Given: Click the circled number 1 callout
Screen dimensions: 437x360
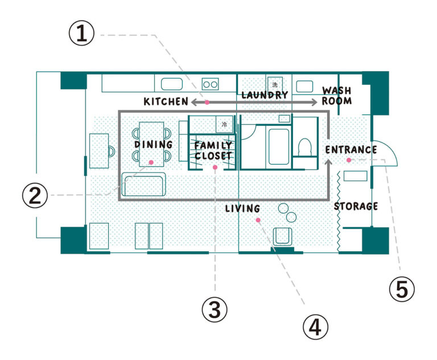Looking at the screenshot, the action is [x=82, y=34].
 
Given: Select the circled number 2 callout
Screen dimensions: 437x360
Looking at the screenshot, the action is [x=35, y=195].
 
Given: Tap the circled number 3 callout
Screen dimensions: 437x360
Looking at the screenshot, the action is [x=215, y=309].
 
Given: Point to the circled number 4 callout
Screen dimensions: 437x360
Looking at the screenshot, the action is [x=315, y=327].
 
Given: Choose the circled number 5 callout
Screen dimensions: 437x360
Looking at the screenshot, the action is [x=402, y=289].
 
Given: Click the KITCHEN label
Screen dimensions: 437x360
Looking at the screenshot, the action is [x=166, y=101].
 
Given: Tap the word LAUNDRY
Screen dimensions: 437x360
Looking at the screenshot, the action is [x=265, y=95].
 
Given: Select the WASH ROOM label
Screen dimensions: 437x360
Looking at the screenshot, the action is [x=337, y=96].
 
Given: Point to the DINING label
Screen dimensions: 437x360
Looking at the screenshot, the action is [x=154, y=144].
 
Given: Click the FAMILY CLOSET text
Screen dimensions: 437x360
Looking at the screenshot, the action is [x=213, y=151].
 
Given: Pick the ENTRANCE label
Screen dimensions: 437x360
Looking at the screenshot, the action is [x=351, y=150].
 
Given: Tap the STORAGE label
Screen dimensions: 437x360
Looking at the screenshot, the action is [x=356, y=206].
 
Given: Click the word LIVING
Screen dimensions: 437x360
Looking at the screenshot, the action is [x=242, y=208].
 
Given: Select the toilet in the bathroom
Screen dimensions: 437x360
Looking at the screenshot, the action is [x=304, y=147].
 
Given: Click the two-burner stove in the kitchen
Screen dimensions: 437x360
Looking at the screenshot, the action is [x=210, y=84].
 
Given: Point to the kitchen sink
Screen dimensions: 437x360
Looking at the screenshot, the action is [x=172, y=84].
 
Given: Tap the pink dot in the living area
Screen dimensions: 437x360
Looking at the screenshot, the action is [x=258, y=220].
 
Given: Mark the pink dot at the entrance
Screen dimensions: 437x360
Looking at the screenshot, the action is [x=349, y=160].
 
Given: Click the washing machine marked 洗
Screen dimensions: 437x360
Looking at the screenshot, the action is [x=275, y=84].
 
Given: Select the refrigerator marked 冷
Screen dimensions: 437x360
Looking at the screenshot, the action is [x=224, y=124].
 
